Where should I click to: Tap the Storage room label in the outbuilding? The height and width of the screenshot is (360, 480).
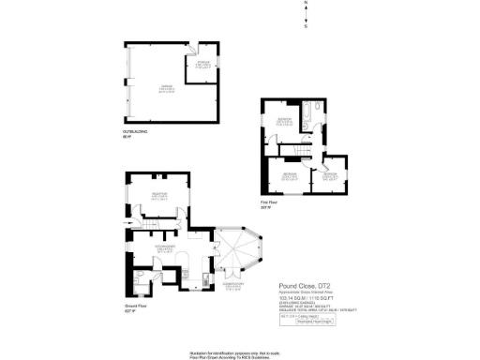coord(202,66)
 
